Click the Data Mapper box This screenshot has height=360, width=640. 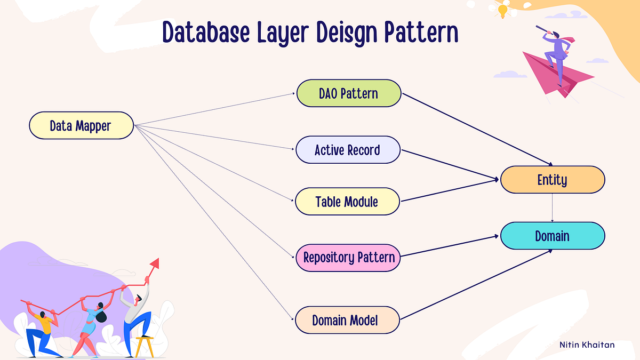point(81,125)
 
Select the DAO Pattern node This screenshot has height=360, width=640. point(348,93)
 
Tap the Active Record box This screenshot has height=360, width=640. point(347,150)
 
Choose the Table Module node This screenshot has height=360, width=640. point(347,202)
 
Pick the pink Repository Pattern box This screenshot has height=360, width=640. point(349,258)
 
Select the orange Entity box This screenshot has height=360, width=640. point(552,180)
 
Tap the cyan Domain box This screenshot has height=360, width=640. point(552,236)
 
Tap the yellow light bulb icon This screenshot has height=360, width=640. point(502,10)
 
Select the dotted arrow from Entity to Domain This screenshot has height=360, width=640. point(552,207)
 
